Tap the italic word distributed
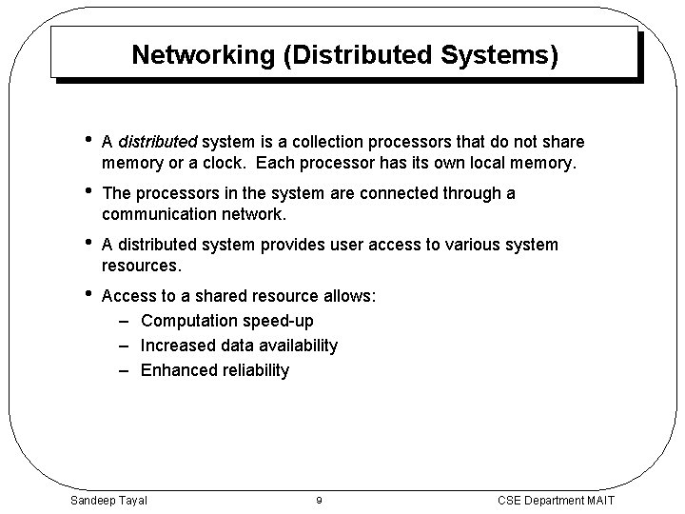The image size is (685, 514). pyautogui.click(x=157, y=142)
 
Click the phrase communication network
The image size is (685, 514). pyautogui.click(x=192, y=214)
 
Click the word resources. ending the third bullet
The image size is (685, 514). pyautogui.click(x=141, y=266)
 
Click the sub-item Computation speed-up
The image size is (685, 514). pyautogui.click(x=226, y=321)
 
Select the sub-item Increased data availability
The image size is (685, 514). pyautogui.click(x=239, y=346)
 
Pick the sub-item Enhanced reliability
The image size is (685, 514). pyautogui.click(x=214, y=370)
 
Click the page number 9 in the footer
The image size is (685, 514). pyautogui.click(x=318, y=501)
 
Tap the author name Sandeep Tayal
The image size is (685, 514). pyautogui.click(x=108, y=501)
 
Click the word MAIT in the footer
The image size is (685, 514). pyautogui.click(x=598, y=501)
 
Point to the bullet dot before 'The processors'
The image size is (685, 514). pyautogui.click(x=87, y=192)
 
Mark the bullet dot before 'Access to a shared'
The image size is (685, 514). pyautogui.click(x=87, y=295)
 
